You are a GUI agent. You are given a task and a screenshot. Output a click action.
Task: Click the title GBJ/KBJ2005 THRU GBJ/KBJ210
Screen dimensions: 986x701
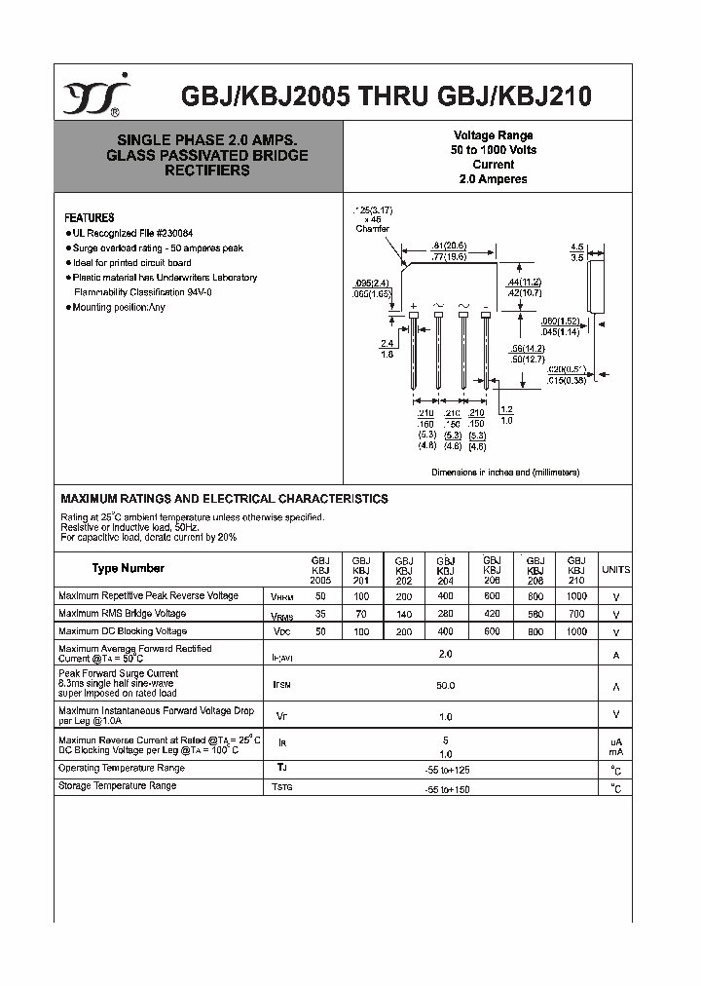pos(387,97)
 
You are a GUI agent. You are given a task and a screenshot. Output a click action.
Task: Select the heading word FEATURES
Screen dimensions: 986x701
pos(89,218)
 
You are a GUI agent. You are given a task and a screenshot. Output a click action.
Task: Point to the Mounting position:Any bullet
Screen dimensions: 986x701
pos(117,307)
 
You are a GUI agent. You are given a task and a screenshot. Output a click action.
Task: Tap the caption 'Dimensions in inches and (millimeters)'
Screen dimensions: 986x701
pos(505,472)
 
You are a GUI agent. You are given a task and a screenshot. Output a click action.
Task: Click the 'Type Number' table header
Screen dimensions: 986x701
pos(129,568)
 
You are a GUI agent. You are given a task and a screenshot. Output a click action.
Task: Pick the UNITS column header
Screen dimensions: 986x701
pos(615,569)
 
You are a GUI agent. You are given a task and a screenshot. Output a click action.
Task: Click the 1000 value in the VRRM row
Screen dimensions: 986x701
pos(576,596)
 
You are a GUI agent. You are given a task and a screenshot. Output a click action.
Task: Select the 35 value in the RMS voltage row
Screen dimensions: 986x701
pos(321,615)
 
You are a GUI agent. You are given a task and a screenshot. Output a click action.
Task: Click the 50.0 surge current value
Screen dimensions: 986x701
pos(446,686)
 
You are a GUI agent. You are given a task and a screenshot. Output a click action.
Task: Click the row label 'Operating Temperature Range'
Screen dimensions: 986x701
pos(122,769)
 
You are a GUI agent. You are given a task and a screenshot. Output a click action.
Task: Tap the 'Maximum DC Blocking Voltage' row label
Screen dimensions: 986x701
pos(123,631)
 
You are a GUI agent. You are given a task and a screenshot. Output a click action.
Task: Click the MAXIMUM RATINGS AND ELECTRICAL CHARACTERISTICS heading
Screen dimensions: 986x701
pos(224,499)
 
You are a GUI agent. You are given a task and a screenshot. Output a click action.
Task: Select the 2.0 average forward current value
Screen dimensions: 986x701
pos(446,655)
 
